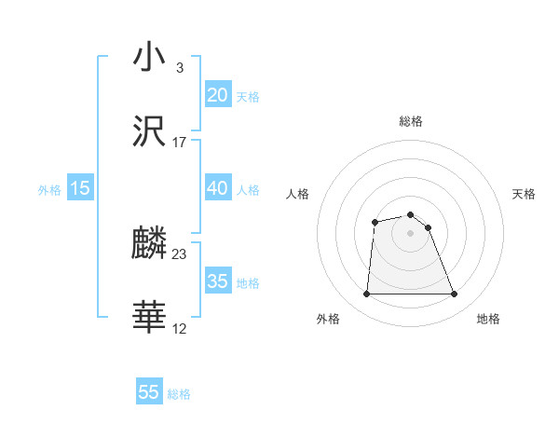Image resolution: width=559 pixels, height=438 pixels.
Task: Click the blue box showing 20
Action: click(x=217, y=95)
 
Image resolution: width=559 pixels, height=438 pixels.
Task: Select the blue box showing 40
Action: click(x=217, y=188)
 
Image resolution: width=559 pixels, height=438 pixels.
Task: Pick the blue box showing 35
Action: click(x=217, y=281)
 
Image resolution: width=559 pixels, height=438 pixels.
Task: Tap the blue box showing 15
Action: click(x=80, y=188)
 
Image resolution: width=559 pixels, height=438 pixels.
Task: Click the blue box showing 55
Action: click(x=149, y=392)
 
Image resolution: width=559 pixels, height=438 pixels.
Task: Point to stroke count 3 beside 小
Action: click(x=179, y=67)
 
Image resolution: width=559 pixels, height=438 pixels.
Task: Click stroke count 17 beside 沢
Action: click(x=180, y=143)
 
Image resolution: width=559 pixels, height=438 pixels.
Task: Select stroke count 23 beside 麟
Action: click(x=180, y=253)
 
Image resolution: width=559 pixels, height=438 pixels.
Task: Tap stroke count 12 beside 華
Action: click(x=180, y=328)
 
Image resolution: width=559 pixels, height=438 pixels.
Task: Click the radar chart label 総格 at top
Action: click(x=411, y=121)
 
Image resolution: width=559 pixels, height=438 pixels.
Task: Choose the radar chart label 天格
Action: click(x=524, y=194)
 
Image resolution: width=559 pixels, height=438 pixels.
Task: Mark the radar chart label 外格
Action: click(x=328, y=319)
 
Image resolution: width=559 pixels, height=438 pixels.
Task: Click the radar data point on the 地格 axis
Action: click(x=455, y=294)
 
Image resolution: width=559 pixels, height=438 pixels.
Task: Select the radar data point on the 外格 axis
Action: click(x=366, y=294)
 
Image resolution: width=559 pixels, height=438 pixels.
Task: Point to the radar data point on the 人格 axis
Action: click(x=375, y=222)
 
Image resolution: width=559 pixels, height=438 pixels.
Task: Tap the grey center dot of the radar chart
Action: click(x=411, y=233)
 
